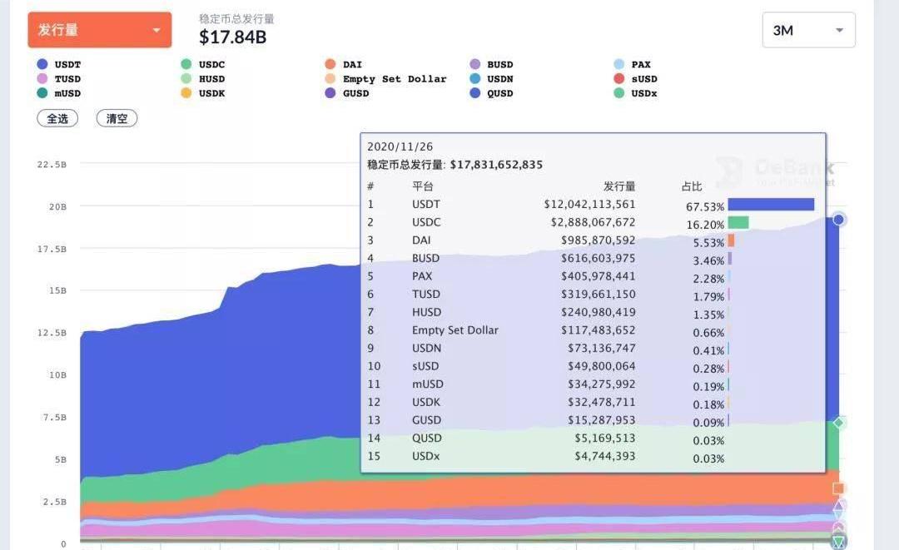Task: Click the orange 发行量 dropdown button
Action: click(100, 30)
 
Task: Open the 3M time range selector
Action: click(808, 30)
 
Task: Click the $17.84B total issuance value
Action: click(232, 37)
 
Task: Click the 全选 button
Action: click(57, 118)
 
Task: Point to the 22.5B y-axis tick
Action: click(52, 165)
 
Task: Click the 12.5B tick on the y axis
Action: click(52, 333)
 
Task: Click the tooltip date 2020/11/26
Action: click(399, 146)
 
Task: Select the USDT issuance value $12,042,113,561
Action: click(589, 205)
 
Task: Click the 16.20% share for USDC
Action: click(704, 223)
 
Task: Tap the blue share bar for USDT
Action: click(770, 205)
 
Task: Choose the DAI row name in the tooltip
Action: click(421, 240)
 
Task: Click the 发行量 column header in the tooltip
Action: click(619, 186)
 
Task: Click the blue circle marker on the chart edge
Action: click(839, 220)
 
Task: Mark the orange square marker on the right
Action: click(838, 488)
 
